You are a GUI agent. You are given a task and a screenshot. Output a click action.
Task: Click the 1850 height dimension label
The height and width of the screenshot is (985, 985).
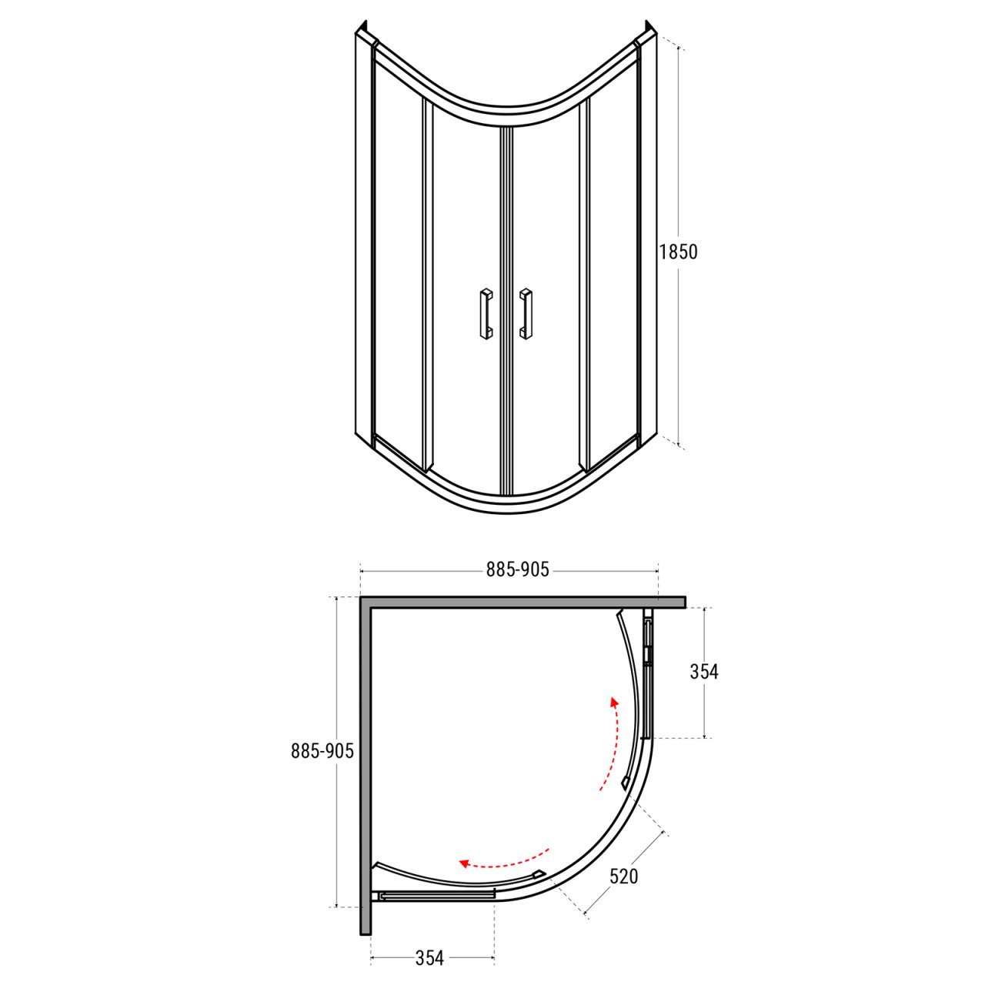pos(678,252)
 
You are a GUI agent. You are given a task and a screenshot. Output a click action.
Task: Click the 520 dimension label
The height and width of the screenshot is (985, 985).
pos(623,847)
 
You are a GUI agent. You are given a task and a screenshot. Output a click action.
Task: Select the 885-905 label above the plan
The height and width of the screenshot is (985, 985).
pos(517,569)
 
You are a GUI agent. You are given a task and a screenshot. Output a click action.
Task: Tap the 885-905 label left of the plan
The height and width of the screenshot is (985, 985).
pos(322,750)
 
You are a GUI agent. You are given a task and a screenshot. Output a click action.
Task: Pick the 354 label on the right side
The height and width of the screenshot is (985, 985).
pos(704,671)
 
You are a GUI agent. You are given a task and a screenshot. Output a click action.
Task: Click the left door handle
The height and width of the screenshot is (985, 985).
pos(486,314)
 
